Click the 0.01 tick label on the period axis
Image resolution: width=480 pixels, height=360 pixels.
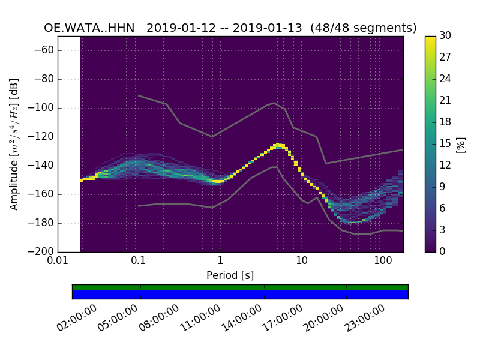tap(58, 262)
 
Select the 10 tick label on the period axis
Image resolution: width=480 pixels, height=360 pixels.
tap(301, 262)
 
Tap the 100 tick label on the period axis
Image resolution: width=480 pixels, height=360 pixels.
tap(383, 262)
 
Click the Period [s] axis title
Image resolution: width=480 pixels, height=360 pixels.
tap(230, 275)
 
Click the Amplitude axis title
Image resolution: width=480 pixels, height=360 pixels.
tap(14, 144)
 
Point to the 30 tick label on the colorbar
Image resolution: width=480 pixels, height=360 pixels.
tap(445, 36)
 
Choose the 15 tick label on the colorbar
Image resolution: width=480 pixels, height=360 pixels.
tap(445, 143)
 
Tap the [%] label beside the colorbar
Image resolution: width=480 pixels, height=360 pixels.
tap(461, 144)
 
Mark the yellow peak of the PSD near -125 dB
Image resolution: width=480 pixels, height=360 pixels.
tap(278, 145)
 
